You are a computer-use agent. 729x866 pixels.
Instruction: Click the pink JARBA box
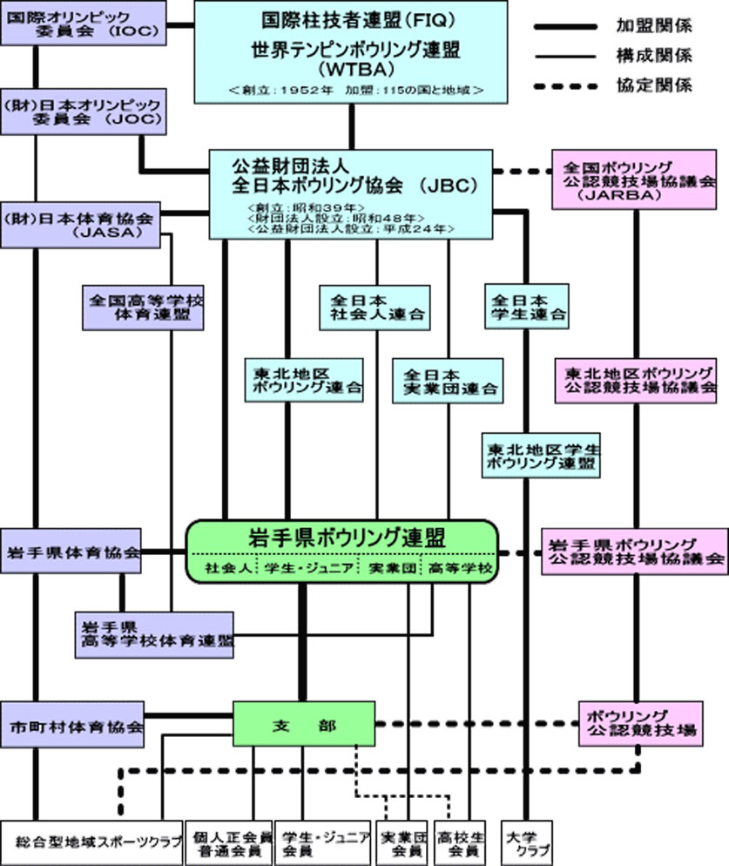(638, 180)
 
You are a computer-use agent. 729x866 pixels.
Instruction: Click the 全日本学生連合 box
(525, 306)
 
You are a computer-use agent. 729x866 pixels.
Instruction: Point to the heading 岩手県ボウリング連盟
(341, 537)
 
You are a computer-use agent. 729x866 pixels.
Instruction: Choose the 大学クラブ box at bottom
(525, 842)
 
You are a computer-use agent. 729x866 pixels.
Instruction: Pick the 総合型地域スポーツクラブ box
(91, 842)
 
